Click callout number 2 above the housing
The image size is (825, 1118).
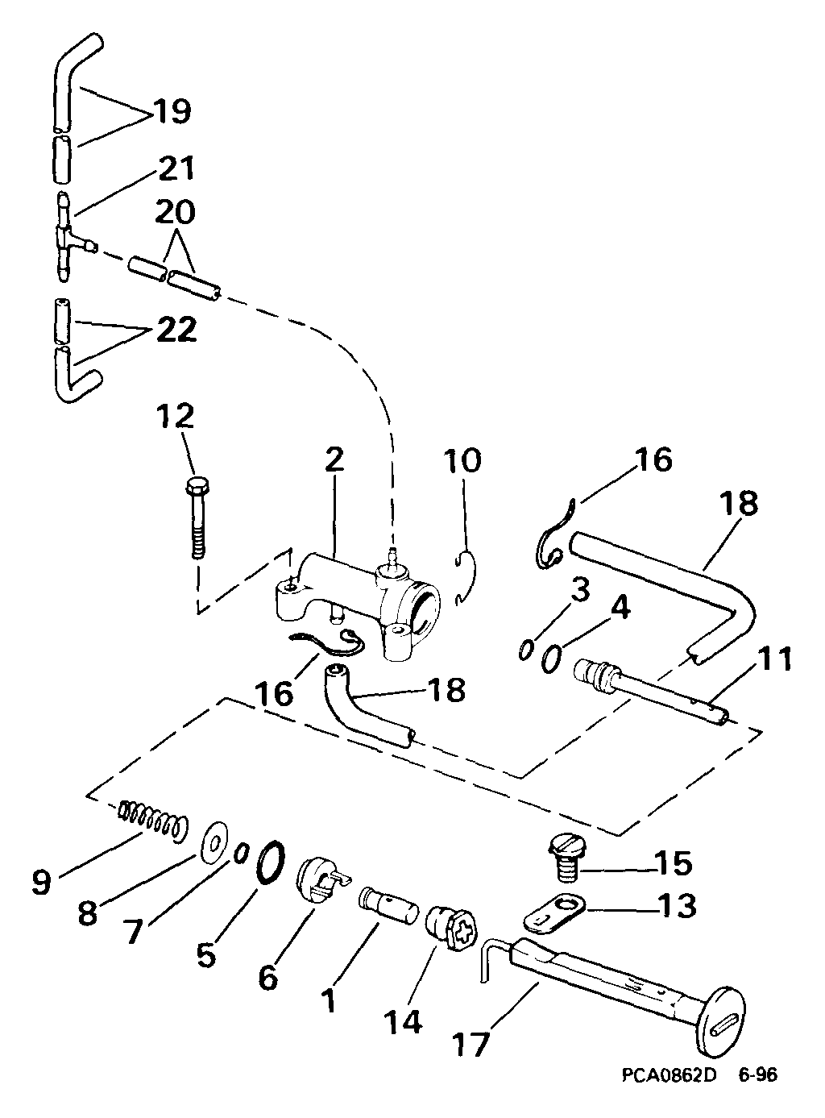click(334, 459)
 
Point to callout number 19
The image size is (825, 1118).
click(172, 111)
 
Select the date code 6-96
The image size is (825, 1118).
click(758, 1072)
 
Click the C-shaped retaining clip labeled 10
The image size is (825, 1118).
click(466, 577)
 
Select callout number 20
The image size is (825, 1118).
click(175, 212)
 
